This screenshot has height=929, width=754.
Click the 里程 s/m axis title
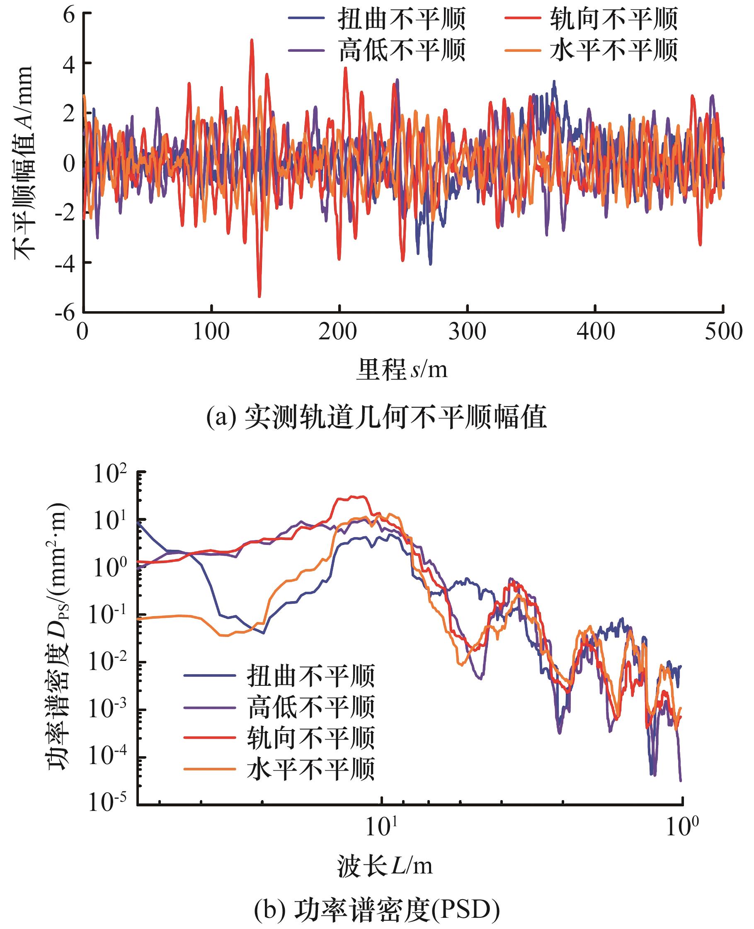[x=402, y=370]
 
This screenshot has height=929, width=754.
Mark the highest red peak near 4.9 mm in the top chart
[x=252, y=40]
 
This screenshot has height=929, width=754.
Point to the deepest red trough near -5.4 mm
[x=259, y=297]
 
